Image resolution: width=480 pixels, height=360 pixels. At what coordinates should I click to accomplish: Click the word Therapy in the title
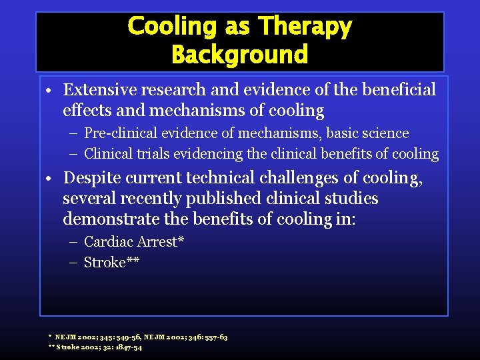click(x=305, y=27)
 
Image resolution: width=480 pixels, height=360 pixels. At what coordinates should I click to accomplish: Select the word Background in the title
click(x=239, y=54)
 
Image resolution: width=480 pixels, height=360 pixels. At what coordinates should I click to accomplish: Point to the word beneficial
click(x=395, y=90)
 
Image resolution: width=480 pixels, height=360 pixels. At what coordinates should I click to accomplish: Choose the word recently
click(x=149, y=199)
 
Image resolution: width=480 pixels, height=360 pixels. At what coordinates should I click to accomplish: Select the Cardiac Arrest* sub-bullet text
click(x=134, y=241)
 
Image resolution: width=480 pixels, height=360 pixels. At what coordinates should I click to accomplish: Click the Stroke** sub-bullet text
click(x=111, y=262)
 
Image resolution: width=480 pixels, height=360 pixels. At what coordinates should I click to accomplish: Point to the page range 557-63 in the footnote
click(x=213, y=337)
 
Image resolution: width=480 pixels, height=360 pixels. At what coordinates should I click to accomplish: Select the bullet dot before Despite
click(x=51, y=179)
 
